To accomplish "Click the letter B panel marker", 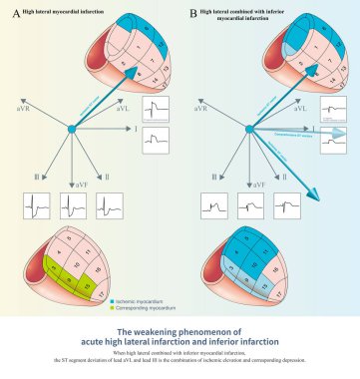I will point(189,12).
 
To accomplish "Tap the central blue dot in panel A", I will point(72,129).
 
